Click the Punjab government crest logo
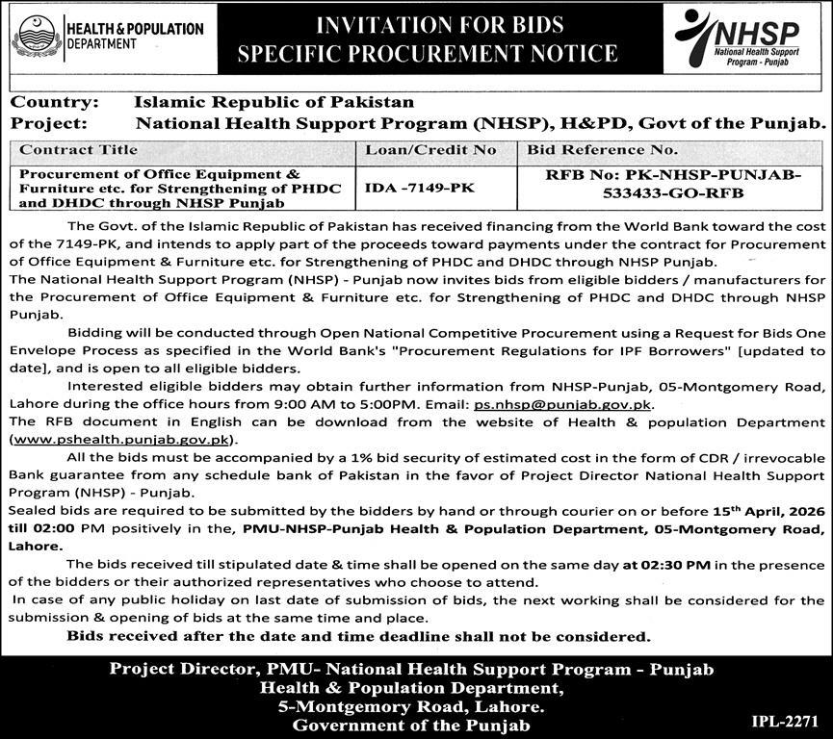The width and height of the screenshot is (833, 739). (36, 40)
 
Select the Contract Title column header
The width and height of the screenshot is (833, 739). (79, 150)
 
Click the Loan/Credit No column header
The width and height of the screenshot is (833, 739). (430, 150)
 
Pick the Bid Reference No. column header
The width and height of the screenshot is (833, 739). (602, 150)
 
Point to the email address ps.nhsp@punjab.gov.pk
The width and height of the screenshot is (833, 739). (563, 406)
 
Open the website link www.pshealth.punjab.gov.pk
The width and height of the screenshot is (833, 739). (121, 439)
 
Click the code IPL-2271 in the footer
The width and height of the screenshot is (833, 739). (786, 720)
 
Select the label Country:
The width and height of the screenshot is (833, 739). (54, 102)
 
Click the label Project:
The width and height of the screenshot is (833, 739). (49, 123)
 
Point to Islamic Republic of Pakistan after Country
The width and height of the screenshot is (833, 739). (274, 102)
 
